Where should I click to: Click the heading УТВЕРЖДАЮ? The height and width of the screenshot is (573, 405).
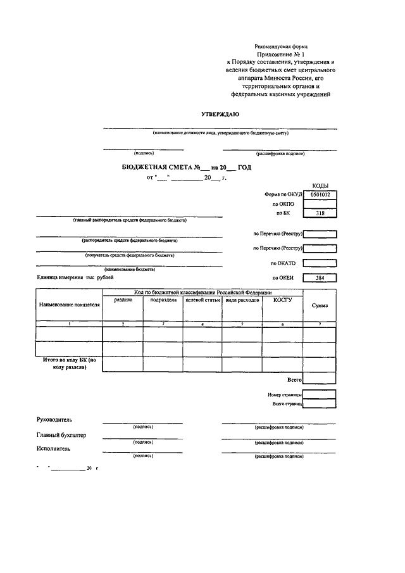220,114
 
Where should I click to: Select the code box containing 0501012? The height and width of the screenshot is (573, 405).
320,195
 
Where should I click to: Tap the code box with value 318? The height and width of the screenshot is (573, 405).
320,213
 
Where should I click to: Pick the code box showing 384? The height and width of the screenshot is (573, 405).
320,278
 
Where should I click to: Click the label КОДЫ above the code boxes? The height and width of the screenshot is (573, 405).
320,186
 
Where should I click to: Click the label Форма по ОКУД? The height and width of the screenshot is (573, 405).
280,195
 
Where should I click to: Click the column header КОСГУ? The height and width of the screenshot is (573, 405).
282,300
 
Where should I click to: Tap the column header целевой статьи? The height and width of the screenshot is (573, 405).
202,300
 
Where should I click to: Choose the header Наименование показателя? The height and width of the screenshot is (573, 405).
70,305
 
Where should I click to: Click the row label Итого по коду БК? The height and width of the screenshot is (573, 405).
69,363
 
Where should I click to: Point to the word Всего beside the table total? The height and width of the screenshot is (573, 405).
294,380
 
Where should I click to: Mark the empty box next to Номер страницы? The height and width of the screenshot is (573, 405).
320,394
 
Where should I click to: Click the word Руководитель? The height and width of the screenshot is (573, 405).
56,420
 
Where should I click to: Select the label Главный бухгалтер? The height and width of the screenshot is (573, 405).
61,435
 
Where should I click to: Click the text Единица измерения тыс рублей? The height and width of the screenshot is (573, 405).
75,278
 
